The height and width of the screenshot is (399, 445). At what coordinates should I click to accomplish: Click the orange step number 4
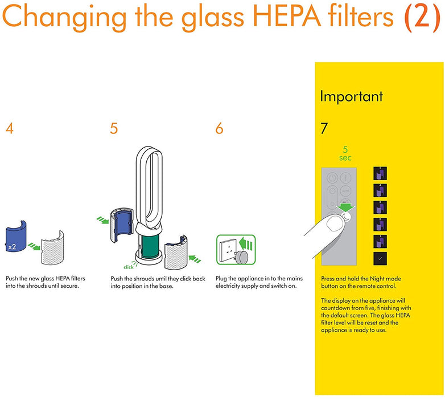point(10,129)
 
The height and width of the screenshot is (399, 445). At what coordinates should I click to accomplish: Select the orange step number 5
point(114,129)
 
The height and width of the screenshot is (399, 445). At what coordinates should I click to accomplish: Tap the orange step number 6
point(219,129)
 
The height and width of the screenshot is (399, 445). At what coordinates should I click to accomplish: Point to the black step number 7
point(324,129)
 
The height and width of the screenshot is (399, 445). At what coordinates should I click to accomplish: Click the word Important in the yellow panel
point(351,96)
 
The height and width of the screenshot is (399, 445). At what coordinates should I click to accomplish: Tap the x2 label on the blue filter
point(12,247)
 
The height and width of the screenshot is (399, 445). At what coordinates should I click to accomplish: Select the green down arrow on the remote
point(344,206)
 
